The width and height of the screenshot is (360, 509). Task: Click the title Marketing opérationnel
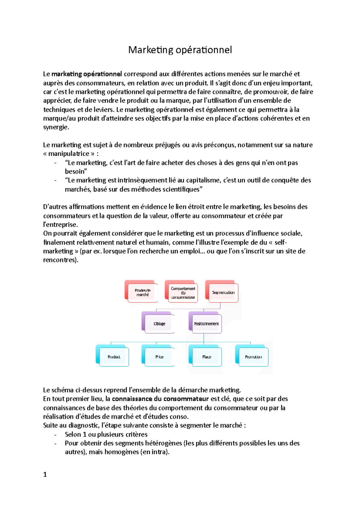point(180,50)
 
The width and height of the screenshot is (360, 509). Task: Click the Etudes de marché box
point(142,293)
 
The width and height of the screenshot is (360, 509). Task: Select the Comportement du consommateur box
point(183,293)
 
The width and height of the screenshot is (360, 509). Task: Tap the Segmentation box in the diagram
point(223,293)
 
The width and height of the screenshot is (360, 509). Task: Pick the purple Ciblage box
point(159,324)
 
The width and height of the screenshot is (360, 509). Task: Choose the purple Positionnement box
point(206,324)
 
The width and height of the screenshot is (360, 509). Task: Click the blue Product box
point(114,357)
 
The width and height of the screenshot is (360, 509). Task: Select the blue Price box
point(159,357)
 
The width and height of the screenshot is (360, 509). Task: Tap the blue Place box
point(206,357)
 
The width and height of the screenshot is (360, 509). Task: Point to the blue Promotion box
point(253,357)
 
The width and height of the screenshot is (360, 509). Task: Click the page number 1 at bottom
point(45,475)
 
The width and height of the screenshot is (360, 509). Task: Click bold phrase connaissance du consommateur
point(160,399)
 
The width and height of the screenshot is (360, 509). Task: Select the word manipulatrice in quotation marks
point(69,154)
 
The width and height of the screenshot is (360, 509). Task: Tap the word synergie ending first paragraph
point(56,127)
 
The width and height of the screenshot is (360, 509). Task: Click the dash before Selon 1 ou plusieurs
point(55,435)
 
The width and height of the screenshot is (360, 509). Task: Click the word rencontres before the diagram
point(60,260)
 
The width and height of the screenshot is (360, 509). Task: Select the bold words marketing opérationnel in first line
point(87,74)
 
